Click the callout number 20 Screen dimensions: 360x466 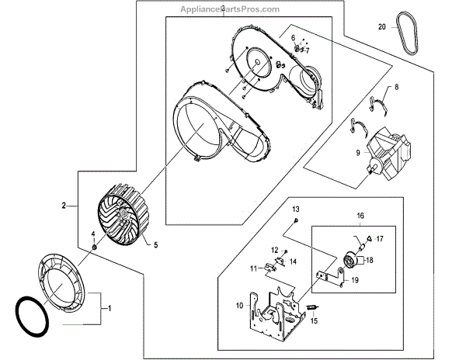(381, 26)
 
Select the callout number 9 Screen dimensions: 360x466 (358, 154)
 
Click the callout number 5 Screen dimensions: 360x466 (155, 245)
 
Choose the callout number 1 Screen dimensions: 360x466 (110, 308)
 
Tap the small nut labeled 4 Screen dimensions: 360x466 (93, 246)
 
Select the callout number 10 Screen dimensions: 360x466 (239, 306)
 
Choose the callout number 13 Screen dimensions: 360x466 (295, 210)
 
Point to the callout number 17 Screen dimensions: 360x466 (379, 240)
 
